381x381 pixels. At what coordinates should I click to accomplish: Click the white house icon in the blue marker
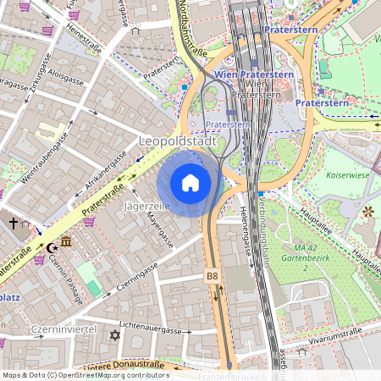(x=190, y=183)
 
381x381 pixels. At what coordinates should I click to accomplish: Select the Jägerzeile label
(x=147, y=206)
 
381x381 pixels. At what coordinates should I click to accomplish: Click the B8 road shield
(x=213, y=275)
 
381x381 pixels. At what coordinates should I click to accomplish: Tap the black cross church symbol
(x=13, y=223)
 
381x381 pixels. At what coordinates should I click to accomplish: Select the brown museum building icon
(x=66, y=244)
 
